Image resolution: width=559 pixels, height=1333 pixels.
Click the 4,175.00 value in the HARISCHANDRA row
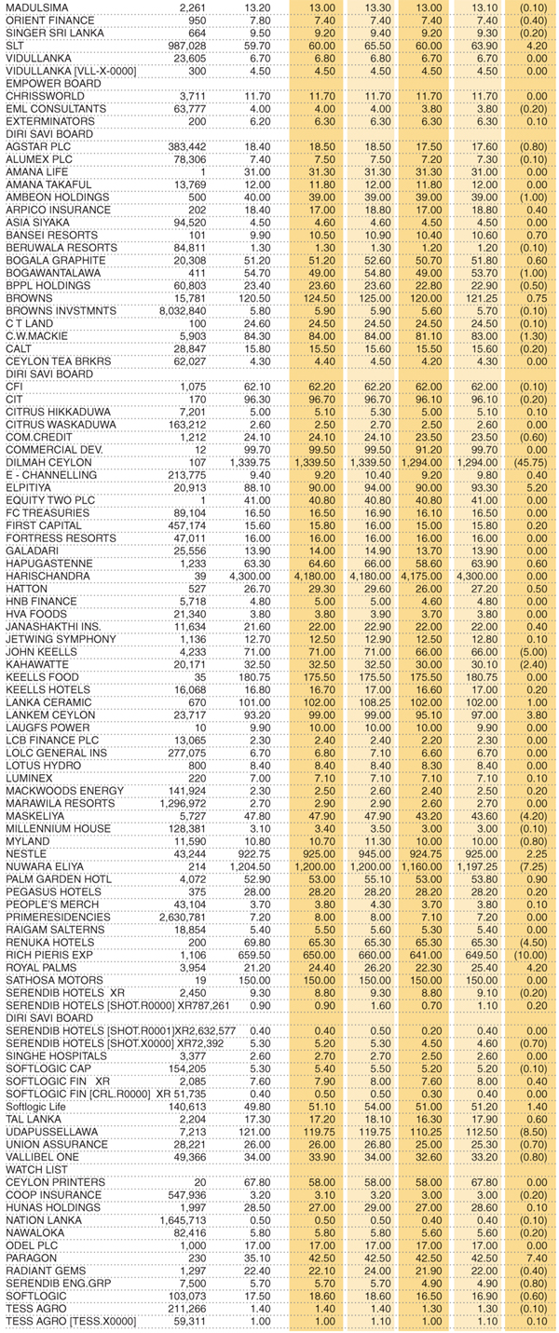426,576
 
